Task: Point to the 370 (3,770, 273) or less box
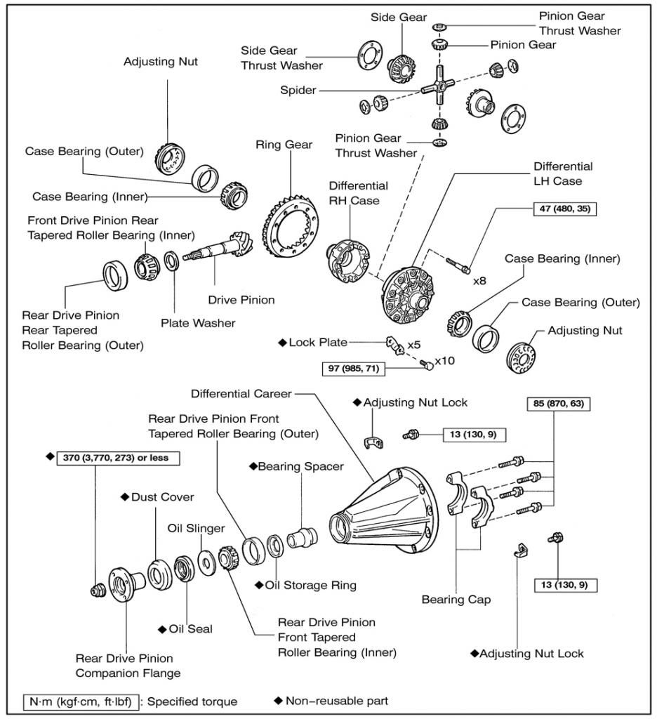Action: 118,457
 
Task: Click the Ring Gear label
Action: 284,145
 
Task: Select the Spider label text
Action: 297,91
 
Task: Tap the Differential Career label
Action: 240,394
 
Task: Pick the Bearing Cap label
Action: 456,600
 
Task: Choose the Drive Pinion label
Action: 241,300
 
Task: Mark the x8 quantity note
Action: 479,280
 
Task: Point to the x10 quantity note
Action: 445,361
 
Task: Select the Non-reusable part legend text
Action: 336,700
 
